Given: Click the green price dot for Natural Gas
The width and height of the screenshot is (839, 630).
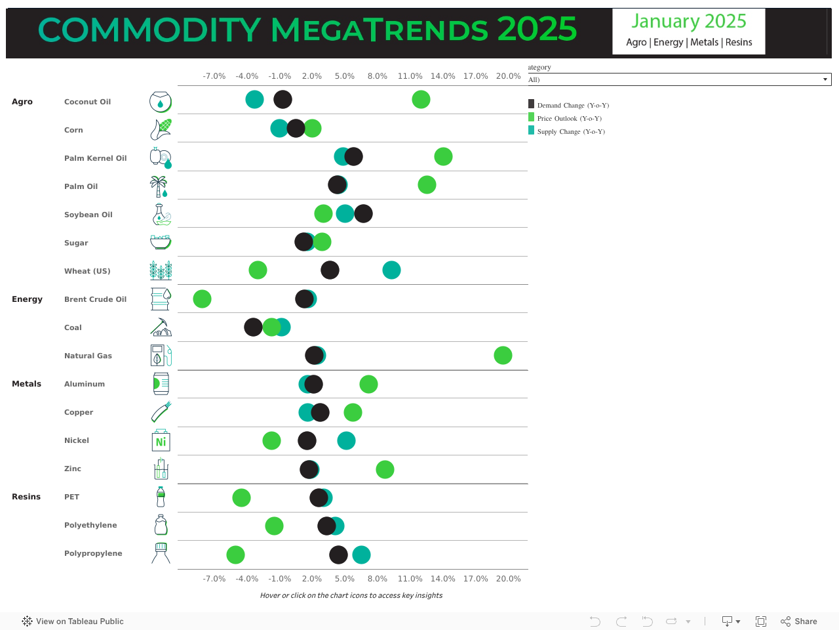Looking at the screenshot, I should coord(503,356).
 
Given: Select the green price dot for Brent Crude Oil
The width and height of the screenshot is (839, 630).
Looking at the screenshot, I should coord(202,299).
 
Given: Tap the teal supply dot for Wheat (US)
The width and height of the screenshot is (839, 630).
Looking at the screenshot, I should coord(391,270).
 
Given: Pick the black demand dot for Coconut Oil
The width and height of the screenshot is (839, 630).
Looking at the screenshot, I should coord(283,100).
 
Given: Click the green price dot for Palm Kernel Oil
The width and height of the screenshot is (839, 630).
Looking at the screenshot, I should coord(443,157).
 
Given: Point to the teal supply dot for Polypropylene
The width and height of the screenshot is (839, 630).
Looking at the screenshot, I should coord(361,555).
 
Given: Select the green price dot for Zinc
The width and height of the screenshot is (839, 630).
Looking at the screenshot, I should coord(385,470).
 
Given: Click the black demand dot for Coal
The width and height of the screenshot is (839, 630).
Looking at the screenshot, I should coord(253,327).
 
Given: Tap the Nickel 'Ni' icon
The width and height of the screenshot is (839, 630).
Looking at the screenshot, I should coord(161,441).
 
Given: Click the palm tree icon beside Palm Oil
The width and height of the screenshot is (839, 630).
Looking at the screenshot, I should coord(159,186).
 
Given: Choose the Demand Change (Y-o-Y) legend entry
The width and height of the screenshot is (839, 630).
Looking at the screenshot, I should coord(572,105).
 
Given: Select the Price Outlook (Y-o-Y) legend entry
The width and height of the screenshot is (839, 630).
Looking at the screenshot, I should coord(568,118).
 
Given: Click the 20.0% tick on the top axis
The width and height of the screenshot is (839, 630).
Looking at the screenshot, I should coord(509,76).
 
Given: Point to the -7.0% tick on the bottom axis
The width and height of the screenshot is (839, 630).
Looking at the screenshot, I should coord(214,579).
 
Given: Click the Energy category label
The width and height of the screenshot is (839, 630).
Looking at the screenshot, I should coord(27,299).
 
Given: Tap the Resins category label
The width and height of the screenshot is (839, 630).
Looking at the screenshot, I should coord(26,497).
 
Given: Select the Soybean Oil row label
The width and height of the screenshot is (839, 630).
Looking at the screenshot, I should coord(88,215).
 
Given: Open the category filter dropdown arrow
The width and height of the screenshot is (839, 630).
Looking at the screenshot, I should coord(825,79).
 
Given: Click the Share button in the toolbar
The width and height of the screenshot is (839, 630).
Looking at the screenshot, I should coord(799,621).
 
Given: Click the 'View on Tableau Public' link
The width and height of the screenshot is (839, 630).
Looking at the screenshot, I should coord(73,621).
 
